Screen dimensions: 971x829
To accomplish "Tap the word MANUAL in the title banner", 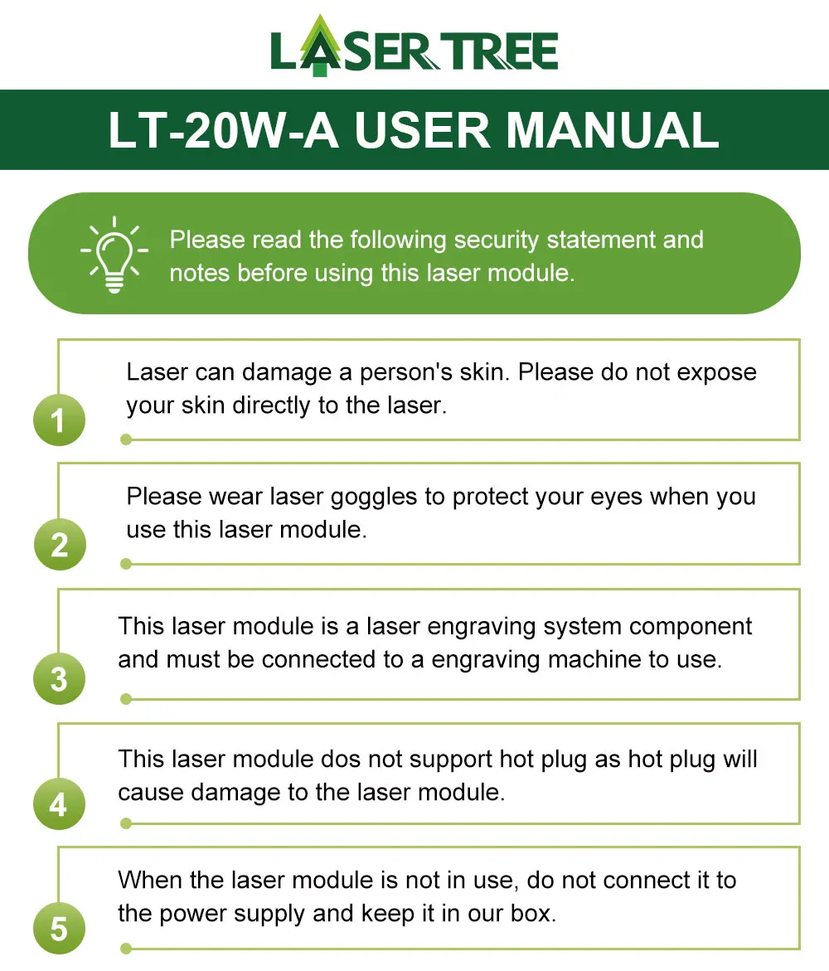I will coord(612,130).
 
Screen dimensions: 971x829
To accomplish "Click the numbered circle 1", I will coord(59,421).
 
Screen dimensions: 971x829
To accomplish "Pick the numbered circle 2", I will coord(59,545).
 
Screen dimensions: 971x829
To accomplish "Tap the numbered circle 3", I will coord(59,679).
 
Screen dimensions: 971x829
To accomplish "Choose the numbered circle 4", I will coord(59,804).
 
